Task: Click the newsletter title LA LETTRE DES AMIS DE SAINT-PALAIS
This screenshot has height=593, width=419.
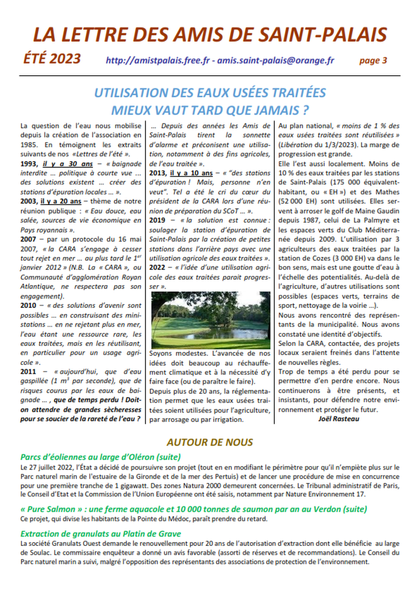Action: click(x=209, y=35)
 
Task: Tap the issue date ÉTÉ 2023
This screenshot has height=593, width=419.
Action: click(x=52, y=59)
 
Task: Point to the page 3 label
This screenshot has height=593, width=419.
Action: click(x=373, y=60)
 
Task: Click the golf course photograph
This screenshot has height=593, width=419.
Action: click(x=210, y=321)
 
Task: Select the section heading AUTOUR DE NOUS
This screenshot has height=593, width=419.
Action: click(x=209, y=442)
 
